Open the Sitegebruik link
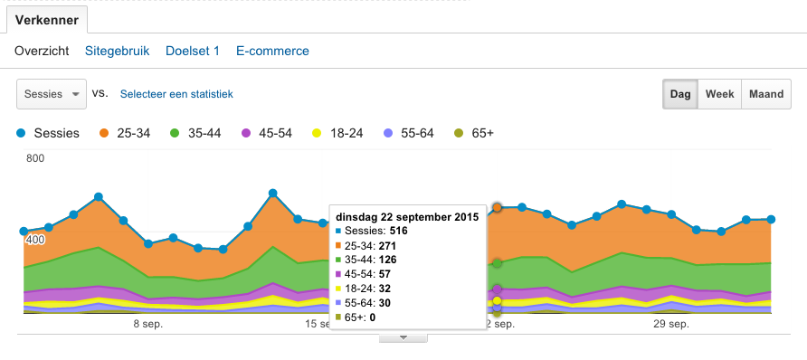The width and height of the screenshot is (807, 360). click(117, 52)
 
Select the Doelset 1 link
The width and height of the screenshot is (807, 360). click(193, 52)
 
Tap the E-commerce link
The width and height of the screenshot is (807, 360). click(272, 52)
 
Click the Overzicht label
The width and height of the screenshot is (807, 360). click(42, 52)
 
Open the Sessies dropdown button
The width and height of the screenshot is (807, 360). click(52, 93)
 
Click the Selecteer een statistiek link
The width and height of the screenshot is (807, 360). click(176, 93)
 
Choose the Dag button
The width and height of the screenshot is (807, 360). click(680, 94)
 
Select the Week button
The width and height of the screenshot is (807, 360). click(719, 94)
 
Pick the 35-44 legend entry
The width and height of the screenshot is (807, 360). click(196, 133)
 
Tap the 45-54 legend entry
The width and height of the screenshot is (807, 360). click(267, 133)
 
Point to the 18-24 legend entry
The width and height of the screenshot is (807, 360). click(337, 133)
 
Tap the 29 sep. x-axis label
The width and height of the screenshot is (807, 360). click(671, 324)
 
